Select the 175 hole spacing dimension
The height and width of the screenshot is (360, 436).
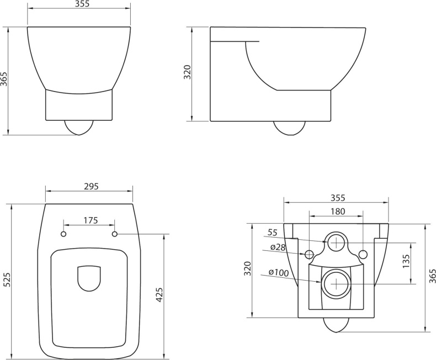(x=91, y=221)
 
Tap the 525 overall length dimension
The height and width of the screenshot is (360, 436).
(x=7, y=281)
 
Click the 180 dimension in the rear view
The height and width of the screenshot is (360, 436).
(x=337, y=211)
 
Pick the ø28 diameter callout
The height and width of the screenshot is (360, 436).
(x=277, y=248)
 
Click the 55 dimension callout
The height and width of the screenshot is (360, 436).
(x=272, y=233)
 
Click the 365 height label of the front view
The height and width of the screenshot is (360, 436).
(x=4, y=80)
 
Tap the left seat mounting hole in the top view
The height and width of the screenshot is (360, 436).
(x=63, y=234)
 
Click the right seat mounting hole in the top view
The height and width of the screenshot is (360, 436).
(x=115, y=234)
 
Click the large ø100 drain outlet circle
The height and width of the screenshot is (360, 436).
(x=336, y=283)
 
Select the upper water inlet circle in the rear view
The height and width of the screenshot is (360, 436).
(x=336, y=242)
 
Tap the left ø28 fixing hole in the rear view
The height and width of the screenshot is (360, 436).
(x=309, y=254)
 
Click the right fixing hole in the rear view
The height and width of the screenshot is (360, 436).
(x=363, y=254)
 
